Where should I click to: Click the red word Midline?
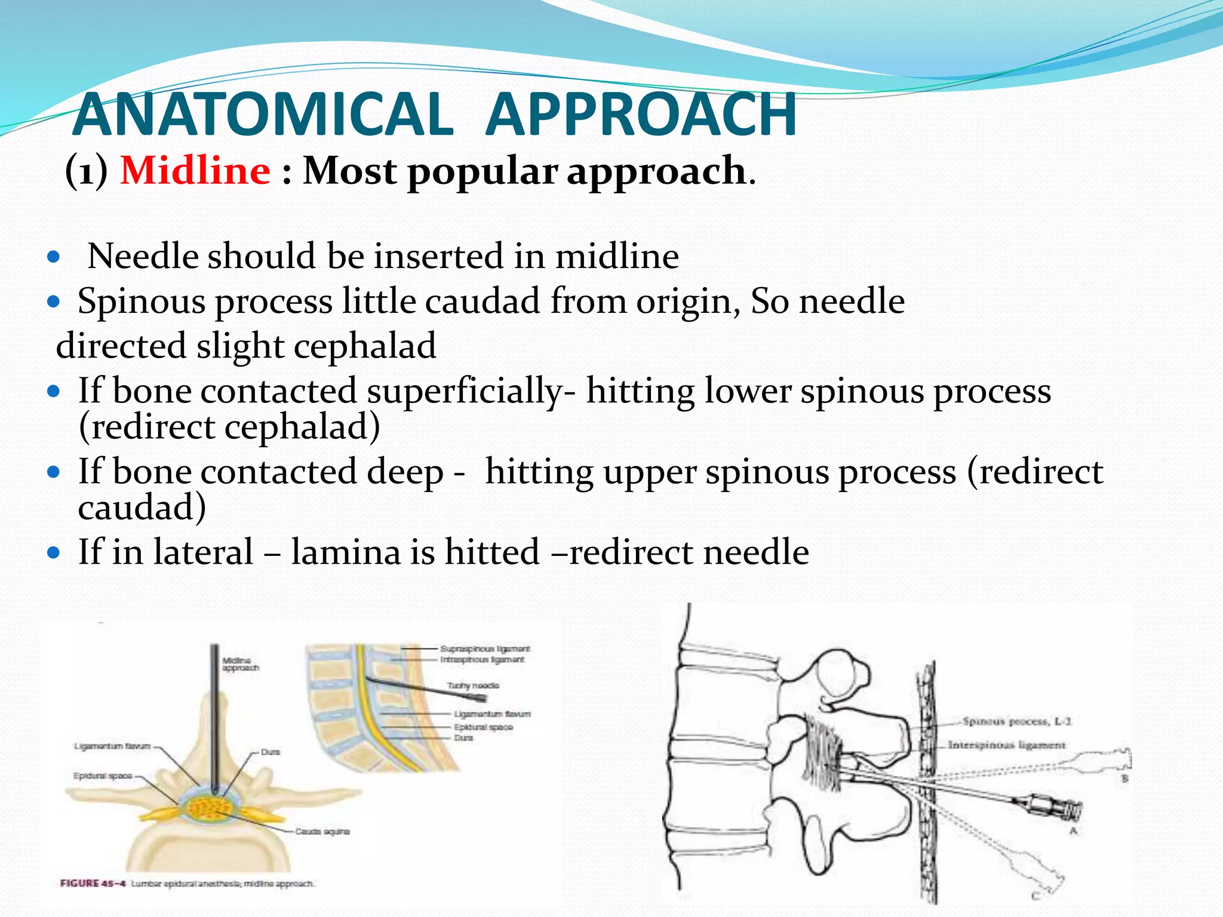[195, 171]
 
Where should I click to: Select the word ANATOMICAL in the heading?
[263, 115]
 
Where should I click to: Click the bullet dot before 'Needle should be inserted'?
[54, 257]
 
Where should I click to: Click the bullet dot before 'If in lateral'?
[54, 552]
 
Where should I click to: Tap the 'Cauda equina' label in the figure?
[322, 831]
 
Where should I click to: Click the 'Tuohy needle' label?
[473, 685]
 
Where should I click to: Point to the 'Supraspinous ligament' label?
[485, 648]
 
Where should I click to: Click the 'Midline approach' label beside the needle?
[240, 664]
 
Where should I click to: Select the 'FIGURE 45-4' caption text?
[93, 884]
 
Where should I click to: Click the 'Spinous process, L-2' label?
[1017, 722]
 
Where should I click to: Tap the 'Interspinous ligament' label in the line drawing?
[1006, 745]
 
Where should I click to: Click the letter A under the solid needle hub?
[1073, 830]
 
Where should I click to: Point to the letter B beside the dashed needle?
[1124, 778]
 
